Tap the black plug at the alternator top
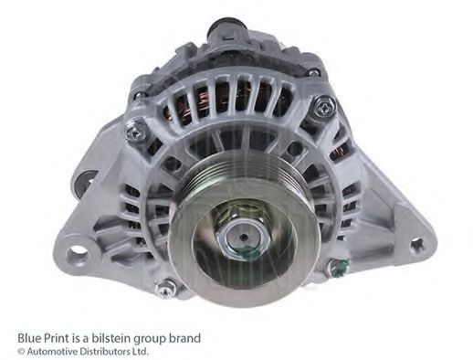coord(224,26)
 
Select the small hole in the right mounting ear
coord(416,244)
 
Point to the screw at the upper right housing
coord(324,107)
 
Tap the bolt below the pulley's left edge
coord(165,289)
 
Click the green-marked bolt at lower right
coord(337,268)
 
